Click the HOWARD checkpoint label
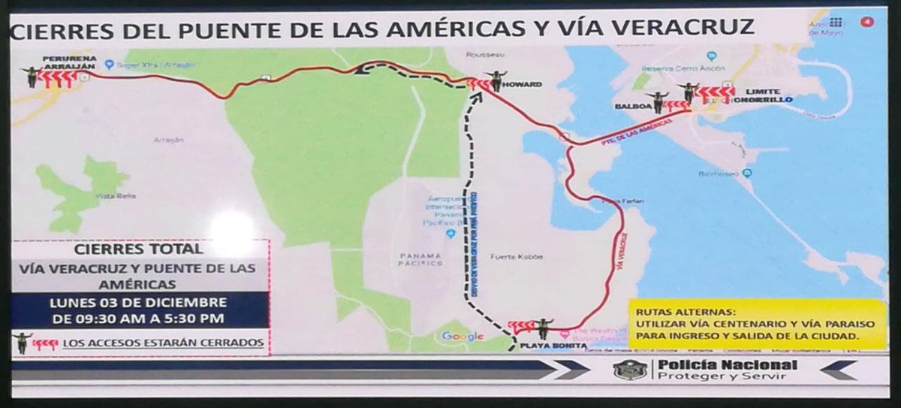523,84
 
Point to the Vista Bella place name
104,197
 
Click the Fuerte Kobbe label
511,257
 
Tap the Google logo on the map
463,336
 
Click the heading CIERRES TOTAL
140,249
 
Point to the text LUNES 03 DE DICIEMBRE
138,302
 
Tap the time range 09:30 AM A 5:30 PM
138,318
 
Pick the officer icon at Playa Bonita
541,328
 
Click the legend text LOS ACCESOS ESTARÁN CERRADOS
163,343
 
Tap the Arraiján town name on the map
167,140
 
